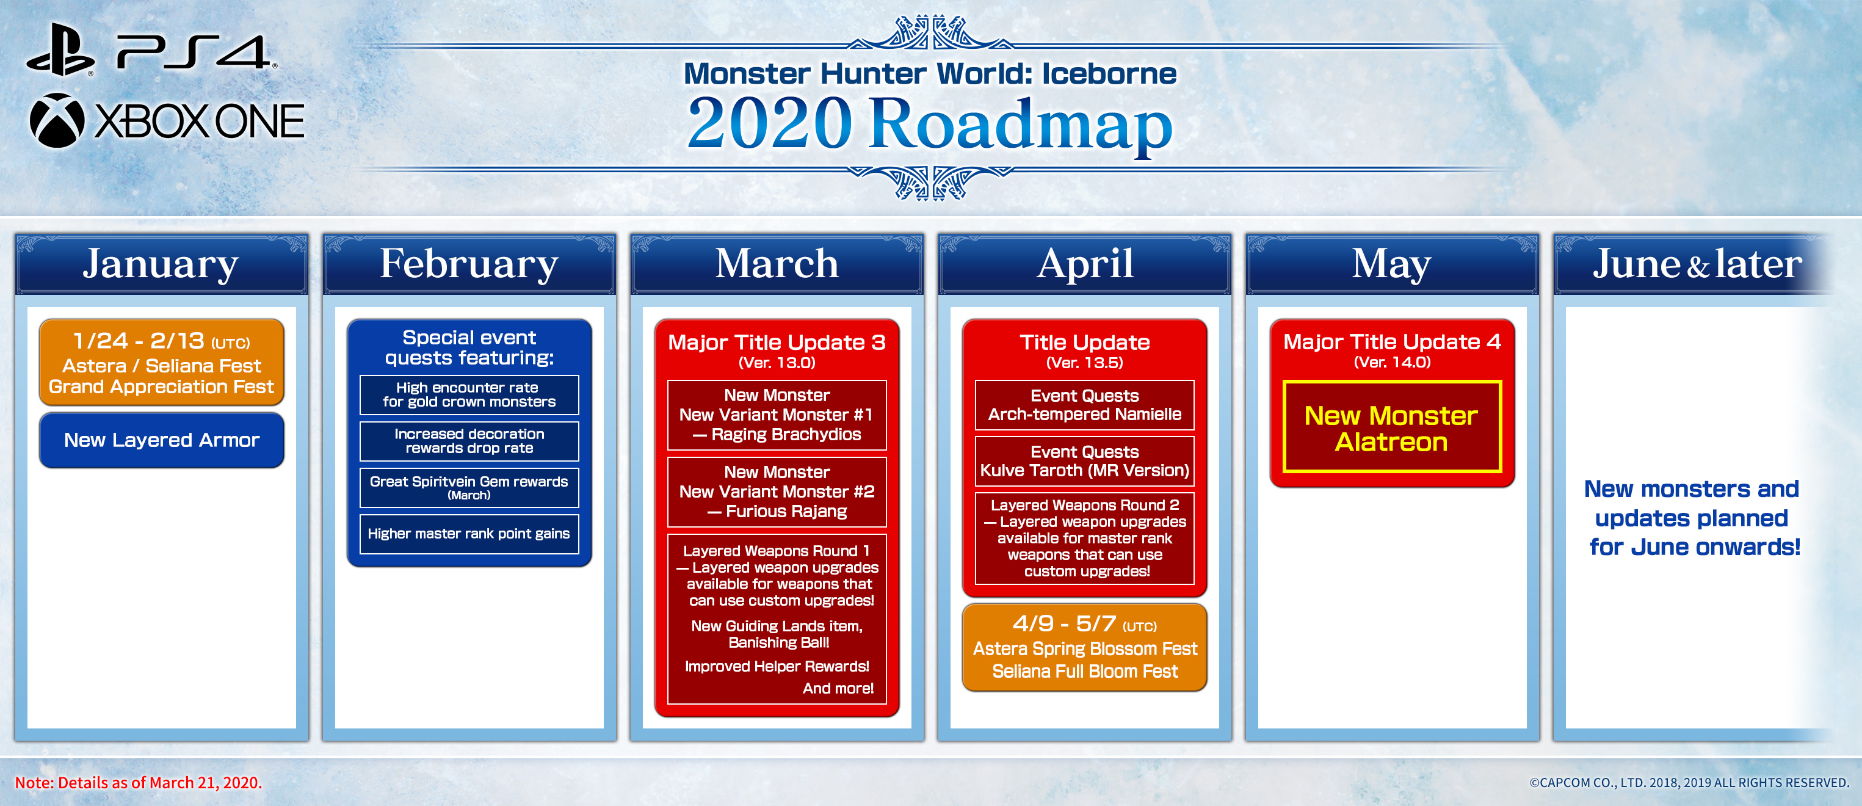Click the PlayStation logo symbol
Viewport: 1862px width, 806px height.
pyautogui.click(x=60, y=50)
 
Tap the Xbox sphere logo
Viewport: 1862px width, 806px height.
pyautogui.click(x=57, y=121)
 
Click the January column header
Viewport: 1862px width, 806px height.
pyautogui.click(x=161, y=264)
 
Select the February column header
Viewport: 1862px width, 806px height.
pyautogui.click(x=469, y=264)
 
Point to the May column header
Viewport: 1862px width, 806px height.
pyautogui.click(x=1392, y=264)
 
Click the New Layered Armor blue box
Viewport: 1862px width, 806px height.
pyautogui.click(x=161, y=440)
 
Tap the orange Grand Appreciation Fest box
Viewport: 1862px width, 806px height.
pyautogui.click(x=161, y=362)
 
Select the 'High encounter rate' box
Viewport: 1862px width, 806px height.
pyautogui.click(x=469, y=394)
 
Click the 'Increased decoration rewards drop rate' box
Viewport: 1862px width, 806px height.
pyautogui.click(x=469, y=441)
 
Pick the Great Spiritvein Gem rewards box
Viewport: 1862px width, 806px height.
pyautogui.click(x=469, y=487)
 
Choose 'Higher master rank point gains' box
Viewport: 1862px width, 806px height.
pyautogui.click(x=469, y=534)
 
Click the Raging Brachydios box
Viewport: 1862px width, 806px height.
pyautogui.click(x=777, y=415)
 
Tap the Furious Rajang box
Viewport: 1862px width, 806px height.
pyautogui.click(x=777, y=492)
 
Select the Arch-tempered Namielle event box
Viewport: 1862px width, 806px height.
pyautogui.click(x=1084, y=405)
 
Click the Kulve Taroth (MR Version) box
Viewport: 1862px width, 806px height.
pyautogui.click(x=1084, y=461)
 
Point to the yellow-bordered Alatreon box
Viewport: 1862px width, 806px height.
pyautogui.click(x=1392, y=426)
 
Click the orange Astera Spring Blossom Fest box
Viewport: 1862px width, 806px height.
pyautogui.click(x=1084, y=648)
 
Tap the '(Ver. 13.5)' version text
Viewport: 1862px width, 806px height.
pyautogui.click(x=1084, y=363)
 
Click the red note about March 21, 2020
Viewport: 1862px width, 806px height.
pyautogui.click(x=138, y=783)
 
